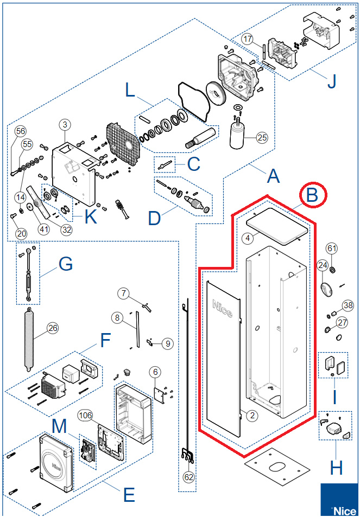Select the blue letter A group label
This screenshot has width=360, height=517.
(274, 176)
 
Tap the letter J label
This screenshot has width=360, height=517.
(331, 81)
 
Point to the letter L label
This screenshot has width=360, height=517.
(130, 90)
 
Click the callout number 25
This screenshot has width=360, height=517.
(262, 137)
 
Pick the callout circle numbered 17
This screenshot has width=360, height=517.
(248, 40)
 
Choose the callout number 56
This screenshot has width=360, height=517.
(21, 131)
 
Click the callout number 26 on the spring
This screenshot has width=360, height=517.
(53, 328)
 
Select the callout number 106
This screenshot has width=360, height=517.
(85, 415)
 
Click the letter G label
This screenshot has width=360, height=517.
(65, 265)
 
